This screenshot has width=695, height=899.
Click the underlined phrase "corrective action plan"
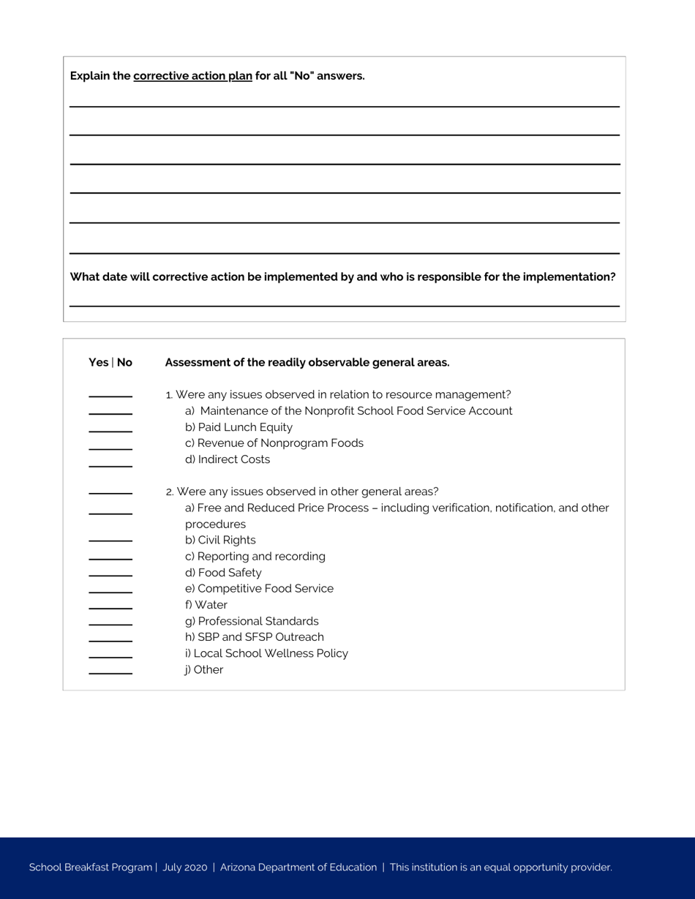[x=192, y=76]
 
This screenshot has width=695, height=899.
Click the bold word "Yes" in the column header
[x=98, y=362]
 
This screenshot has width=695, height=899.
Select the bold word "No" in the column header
[x=124, y=362]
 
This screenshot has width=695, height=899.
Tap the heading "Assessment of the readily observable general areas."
[x=307, y=362]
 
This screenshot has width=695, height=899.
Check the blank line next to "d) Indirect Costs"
[x=110, y=465]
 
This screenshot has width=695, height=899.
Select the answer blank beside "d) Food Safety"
[x=110, y=574]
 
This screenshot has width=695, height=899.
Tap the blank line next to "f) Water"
[x=110, y=607]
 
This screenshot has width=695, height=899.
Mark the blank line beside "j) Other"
[x=110, y=672]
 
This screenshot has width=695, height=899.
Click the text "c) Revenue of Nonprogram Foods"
[x=274, y=443]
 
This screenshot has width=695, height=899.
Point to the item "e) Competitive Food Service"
[x=259, y=589]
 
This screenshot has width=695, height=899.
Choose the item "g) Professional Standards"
[x=252, y=621]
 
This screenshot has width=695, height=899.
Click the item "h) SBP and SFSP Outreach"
[x=254, y=637]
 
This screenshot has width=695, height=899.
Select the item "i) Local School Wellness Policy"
[x=266, y=653]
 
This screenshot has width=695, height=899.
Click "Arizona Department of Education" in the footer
[x=298, y=868]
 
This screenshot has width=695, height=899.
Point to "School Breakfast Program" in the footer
[x=90, y=868]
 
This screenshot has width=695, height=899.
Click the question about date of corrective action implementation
[x=342, y=277]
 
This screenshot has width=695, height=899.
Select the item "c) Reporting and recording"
[x=255, y=557]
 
